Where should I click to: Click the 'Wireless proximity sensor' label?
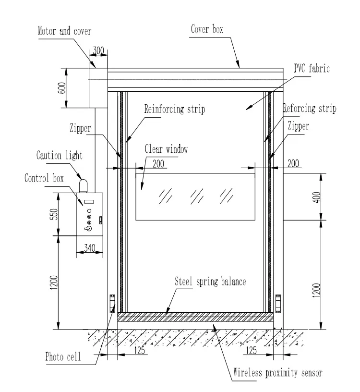277,372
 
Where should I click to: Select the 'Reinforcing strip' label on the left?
175,109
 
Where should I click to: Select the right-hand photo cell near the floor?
278,302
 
